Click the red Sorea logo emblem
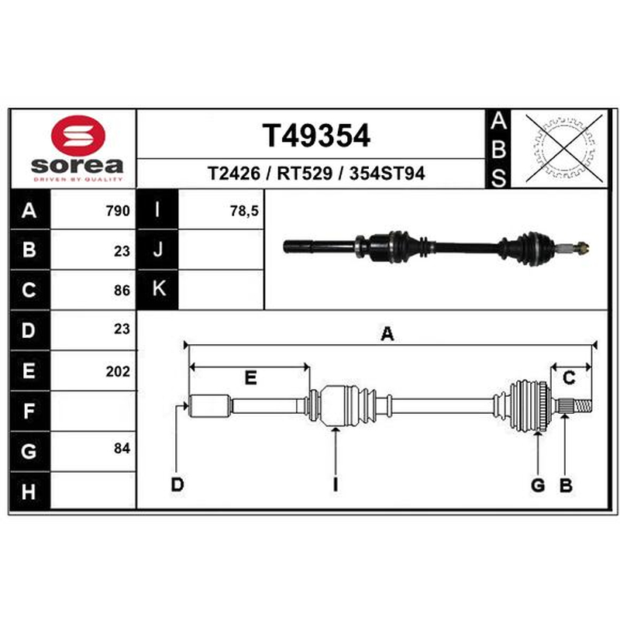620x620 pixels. click(x=78, y=136)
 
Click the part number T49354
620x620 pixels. click(x=316, y=136)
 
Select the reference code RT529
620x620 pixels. click(x=305, y=174)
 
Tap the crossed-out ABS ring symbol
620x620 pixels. click(x=563, y=149)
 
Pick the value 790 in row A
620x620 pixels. click(x=118, y=211)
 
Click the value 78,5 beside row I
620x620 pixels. click(x=244, y=211)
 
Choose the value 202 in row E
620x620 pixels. click(x=118, y=371)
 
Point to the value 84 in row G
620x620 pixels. click(x=122, y=449)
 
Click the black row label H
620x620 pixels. click(x=29, y=491)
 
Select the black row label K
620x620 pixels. click(x=158, y=289)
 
